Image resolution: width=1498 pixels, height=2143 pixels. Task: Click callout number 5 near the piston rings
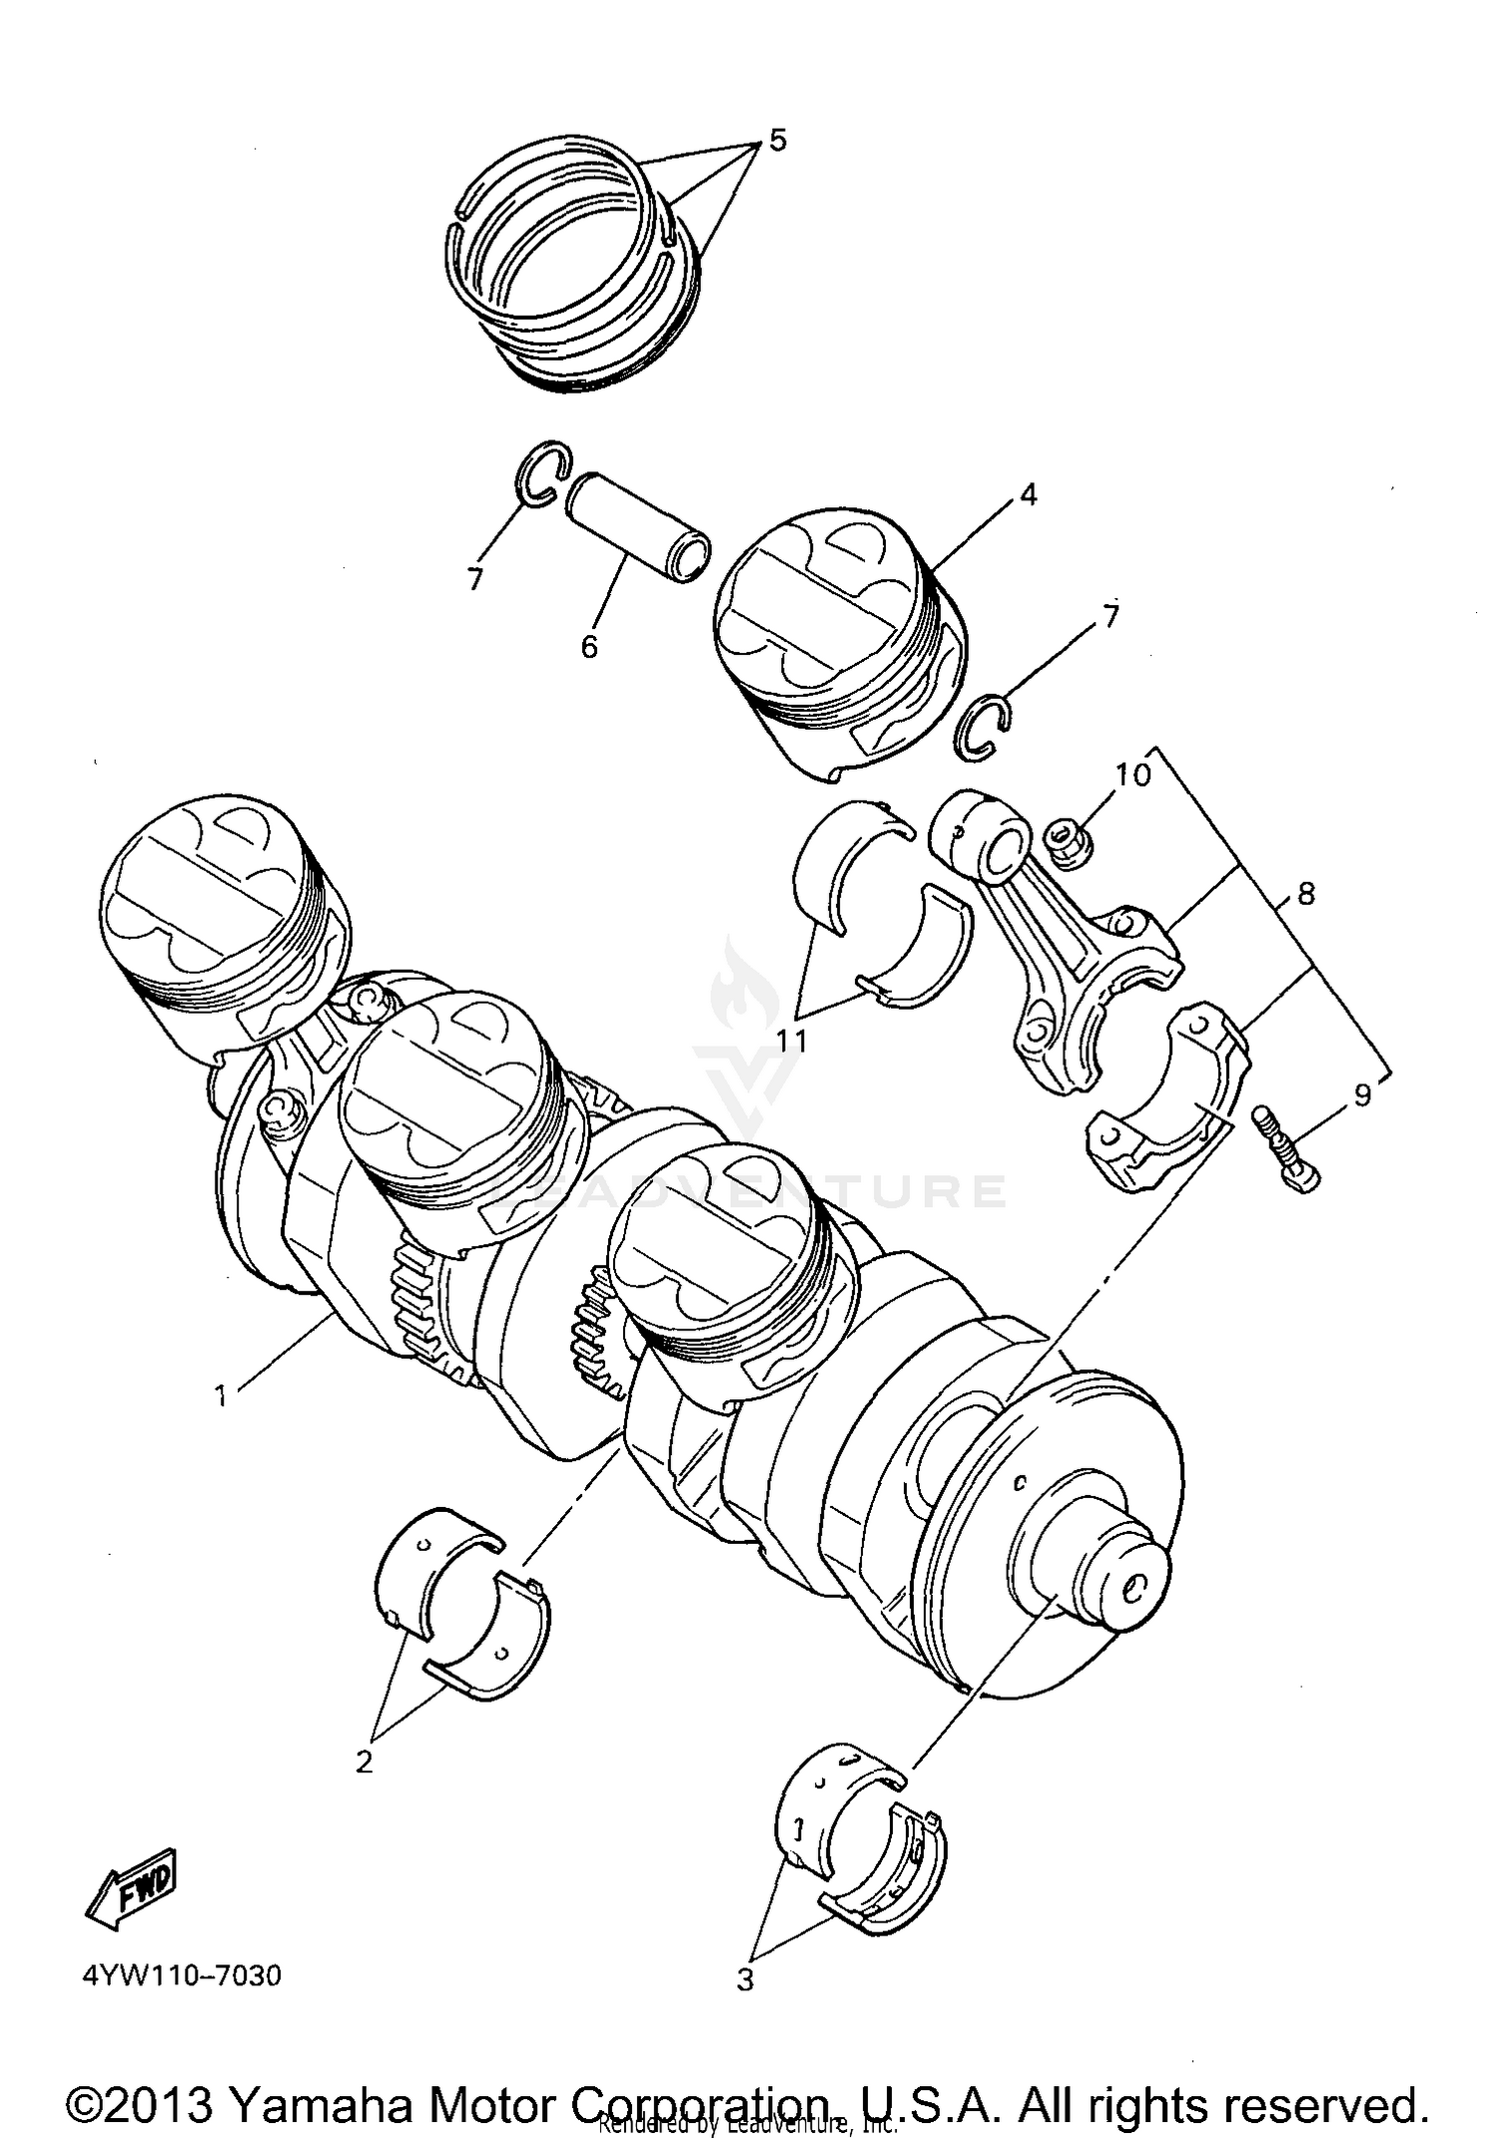click(777, 140)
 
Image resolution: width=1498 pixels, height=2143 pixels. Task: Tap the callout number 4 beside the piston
click(1028, 494)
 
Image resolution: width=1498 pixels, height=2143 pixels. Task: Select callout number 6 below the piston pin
click(589, 646)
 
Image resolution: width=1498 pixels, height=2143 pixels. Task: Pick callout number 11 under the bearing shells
click(792, 1041)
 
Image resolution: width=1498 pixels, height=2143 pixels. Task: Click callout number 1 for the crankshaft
click(221, 1395)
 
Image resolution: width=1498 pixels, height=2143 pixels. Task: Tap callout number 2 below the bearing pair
click(365, 1762)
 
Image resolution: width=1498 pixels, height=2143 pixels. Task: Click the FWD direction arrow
click(133, 1886)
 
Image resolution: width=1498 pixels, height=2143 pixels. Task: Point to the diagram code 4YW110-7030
click(182, 1974)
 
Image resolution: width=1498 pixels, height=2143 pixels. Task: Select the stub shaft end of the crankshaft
click(1123, 1588)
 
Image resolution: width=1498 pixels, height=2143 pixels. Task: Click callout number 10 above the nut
click(1133, 773)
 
